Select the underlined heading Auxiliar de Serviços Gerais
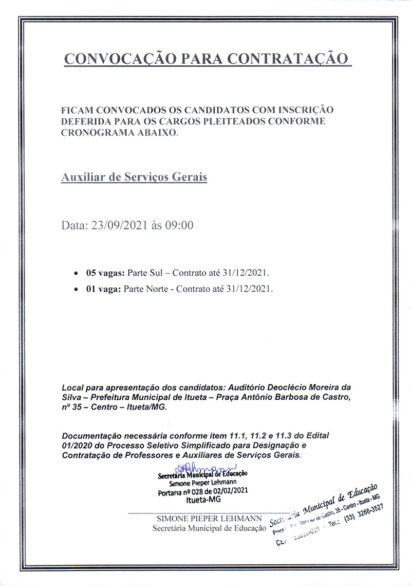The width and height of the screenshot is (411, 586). (134, 177)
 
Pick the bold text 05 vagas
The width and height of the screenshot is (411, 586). (103, 272)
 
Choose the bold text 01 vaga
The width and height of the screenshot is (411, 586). (101, 290)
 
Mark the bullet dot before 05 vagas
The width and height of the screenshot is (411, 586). (76, 273)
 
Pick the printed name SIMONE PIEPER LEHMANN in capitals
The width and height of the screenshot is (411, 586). (209, 518)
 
